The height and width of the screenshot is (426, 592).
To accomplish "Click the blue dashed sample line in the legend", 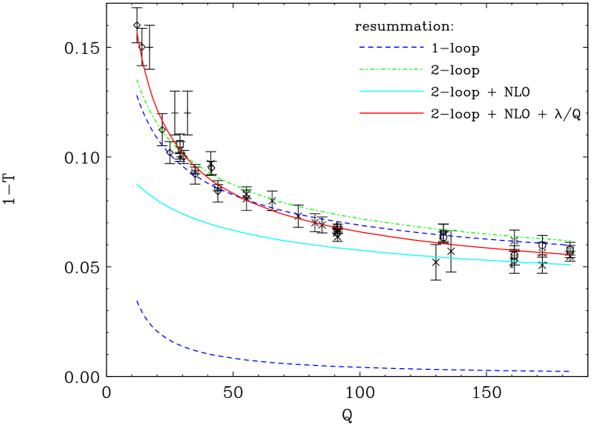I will tap(391, 47).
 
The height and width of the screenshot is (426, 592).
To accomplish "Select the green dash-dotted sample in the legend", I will tap(391, 70).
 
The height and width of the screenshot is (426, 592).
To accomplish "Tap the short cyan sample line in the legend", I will tap(391, 91).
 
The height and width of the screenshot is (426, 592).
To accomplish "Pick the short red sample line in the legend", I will tap(391, 113).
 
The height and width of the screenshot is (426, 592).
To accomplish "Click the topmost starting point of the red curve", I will tap(138, 32).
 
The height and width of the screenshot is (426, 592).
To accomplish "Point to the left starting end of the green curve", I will tap(137, 80).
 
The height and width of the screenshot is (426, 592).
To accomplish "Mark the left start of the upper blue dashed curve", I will tap(137, 95).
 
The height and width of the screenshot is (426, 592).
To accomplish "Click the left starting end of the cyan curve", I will tap(138, 184).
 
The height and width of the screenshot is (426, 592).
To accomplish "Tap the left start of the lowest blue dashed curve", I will tap(137, 301).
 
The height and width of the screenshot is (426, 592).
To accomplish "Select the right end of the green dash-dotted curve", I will tap(570, 241).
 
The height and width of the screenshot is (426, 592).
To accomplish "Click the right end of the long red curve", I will tap(570, 254).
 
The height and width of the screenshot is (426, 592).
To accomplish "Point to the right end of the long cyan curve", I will tap(570, 264).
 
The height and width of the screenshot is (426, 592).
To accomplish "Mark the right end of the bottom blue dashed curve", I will tap(569, 371).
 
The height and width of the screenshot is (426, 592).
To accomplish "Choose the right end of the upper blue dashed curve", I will tap(570, 245).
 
